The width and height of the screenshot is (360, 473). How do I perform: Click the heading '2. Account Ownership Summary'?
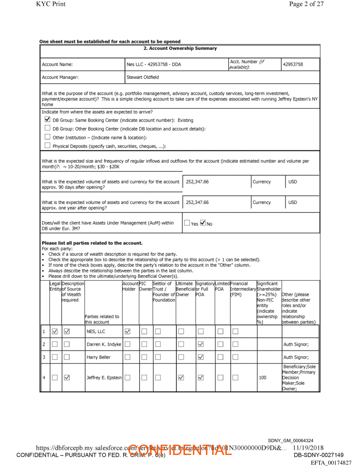click(180, 48)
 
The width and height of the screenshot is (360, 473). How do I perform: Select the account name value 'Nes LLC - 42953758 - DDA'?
click(154, 64)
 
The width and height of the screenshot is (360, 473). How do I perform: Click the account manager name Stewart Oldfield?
click(142, 77)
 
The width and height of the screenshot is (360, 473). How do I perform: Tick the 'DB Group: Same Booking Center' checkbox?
click(47, 120)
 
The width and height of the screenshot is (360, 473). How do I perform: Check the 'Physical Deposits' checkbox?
click(47, 146)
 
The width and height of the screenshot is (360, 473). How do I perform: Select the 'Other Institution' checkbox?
click(47, 138)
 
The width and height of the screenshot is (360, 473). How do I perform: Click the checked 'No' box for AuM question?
click(203, 223)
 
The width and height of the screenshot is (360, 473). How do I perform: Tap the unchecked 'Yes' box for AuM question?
click(187, 223)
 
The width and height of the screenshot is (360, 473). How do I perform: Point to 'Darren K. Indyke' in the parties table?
click(103, 344)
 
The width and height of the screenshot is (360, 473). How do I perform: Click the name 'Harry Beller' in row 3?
click(98, 357)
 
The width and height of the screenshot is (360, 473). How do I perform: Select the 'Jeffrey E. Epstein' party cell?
click(104, 377)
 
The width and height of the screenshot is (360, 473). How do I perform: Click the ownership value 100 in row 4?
click(262, 377)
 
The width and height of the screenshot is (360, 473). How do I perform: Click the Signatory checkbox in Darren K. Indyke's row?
click(201, 344)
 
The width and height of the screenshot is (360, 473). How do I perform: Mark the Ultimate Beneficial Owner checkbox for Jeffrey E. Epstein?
click(181, 377)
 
